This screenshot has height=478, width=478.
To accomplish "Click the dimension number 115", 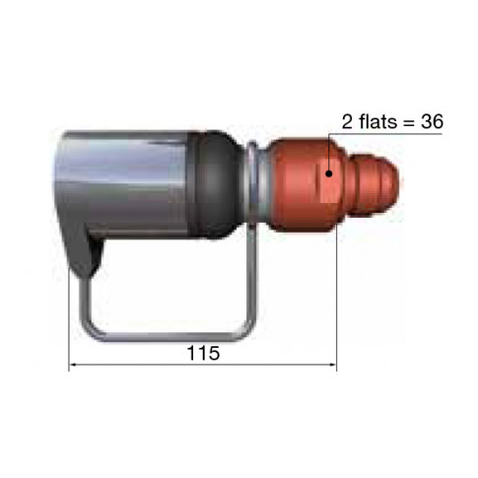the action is point(203,353).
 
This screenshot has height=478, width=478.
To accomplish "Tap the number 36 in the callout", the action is point(432,121).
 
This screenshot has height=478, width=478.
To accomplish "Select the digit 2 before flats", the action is point(348,121).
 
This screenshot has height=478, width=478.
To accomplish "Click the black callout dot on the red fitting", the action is point(329,173).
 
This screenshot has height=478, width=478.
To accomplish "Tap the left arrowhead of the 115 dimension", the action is point(73,365).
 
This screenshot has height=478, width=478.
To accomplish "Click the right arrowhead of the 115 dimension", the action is point(332,365).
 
